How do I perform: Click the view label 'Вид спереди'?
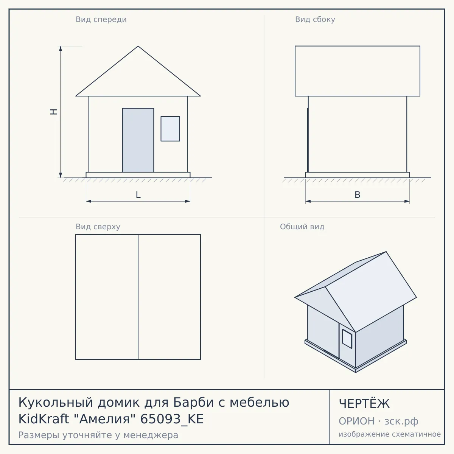pyautogui.click(x=101, y=20)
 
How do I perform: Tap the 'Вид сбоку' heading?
pyautogui.click(x=315, y=19)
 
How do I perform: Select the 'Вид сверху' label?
pyautogui.click(x=98, y=227)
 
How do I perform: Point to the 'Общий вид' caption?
pyautogui.click(x=302, y=227)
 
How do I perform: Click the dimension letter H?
pyautogui.click(x=54, y=112)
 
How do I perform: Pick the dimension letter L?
pyautogui.click(x=138, y=195)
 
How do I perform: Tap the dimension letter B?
pyautogui.click(x=358, y=195)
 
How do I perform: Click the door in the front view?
pyautogui.click(x=138, y=140)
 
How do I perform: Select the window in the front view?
pyautogui.click(x=170, y=129)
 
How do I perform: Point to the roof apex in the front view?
pyautogui.click(x=138, y=46)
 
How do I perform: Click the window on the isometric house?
pyautogui.click(x=347, y=339)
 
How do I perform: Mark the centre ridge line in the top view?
pyautogui.click(x=138, y=297)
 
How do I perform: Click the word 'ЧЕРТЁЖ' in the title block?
pyautogui.click(x=364, y=404)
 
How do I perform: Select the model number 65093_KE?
pyautogui.click(x=172, y=419)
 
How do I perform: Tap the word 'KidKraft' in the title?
pyautogui.click(x=44, y=419)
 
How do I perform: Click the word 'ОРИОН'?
pyautogui.click(x=356, y=421)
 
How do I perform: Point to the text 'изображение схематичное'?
pyautogui.click(x=390, y=434)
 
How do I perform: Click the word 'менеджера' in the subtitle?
pyautogui.click(x=151, y=435)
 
